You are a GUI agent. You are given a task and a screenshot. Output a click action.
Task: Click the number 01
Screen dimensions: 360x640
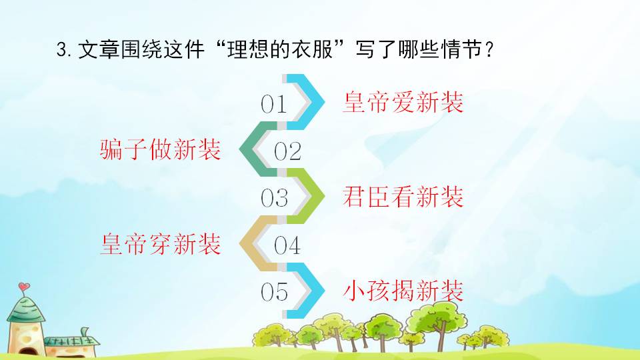coord(273,105)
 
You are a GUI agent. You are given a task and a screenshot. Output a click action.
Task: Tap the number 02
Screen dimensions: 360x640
coord(288,152)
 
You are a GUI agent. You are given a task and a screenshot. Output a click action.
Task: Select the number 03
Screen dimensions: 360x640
coord(273,199)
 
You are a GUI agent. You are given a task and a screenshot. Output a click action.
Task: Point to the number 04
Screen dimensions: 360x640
coord(288,246)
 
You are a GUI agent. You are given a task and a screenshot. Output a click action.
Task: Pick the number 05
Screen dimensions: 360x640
coord(273,293)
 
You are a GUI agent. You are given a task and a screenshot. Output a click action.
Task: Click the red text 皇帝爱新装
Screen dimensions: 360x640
coord(403,103)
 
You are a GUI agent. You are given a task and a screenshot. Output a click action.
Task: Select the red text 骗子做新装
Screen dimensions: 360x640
coord(160,150)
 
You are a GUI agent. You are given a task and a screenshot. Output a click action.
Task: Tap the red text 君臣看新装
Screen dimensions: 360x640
coord(403,197)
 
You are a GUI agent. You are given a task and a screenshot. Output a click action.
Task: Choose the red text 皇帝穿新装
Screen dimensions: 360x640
coord(160,245)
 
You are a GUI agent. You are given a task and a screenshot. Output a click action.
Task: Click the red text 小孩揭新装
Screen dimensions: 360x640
coord(403,291)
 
